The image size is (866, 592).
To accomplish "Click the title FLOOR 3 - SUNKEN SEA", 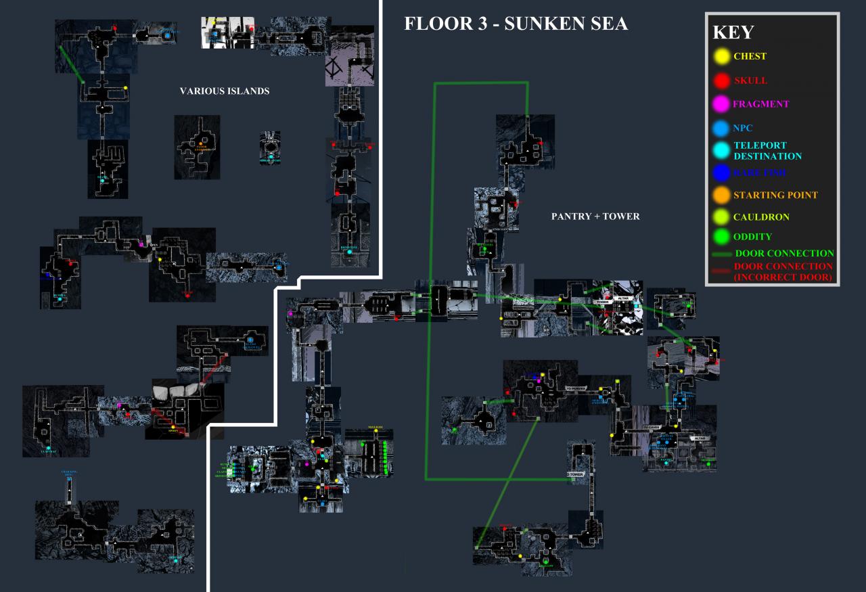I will click(x=516, y=24).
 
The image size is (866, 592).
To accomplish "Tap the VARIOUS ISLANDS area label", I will click(x=225, y=91).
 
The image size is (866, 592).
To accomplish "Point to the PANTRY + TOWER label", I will click(x=595, y=217).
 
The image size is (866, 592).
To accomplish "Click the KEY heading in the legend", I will click(x=733, y=32).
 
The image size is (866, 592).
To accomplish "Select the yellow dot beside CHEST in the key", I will click(x=723, y=57).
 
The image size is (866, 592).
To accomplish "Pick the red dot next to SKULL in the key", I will click(x=723, y=80).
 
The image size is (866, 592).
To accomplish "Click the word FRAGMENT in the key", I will click(x=761, y=104).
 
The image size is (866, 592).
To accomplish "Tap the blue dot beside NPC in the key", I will click(x=723, y=127).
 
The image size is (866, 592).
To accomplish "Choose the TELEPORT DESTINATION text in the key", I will click(x=768, y=150).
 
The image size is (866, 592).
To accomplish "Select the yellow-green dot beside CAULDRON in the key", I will click(x=723, y=218).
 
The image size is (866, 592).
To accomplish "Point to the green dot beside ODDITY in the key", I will click(x=723, y=237).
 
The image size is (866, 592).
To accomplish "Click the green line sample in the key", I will click(x=723, y=254).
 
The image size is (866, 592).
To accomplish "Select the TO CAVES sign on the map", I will click(x=651, y=428).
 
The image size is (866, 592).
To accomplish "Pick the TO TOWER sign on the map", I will click(x=575, y=474).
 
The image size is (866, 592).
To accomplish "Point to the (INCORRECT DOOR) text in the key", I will click(x=784, y=277).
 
